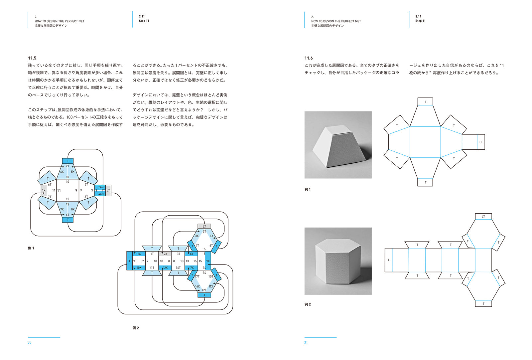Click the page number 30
pos(30,342)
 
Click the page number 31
pos(306,342)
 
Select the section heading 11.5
pos(32,58)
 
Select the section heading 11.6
pos(309,58)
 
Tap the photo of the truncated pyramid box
pos(338,145)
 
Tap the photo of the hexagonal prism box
pos(338,261)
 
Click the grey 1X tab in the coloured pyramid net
pos(44,190)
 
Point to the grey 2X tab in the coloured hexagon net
pos(165,254)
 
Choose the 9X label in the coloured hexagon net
pos(208,261)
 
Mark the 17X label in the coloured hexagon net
pos(192,268)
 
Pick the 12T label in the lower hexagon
pos(204,290)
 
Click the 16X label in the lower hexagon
pos(198,286)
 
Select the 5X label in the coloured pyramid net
pos(73,172)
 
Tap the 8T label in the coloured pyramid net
pos(86,197)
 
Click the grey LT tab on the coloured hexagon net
pos(204,226)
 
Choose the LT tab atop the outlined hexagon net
pos(483,216)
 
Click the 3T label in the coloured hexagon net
pos(178,254)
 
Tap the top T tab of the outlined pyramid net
pos(425,101)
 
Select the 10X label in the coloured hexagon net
pos(139,268)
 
